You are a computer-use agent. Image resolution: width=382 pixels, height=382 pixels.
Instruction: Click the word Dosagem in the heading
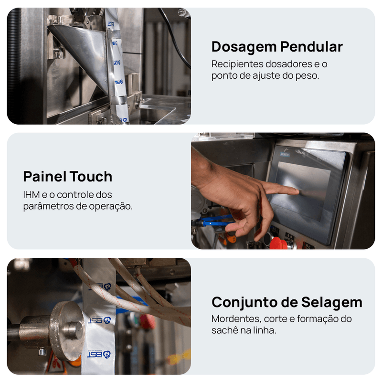tap(244, 47)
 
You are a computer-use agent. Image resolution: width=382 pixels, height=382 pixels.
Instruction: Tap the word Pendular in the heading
tap(311, 46)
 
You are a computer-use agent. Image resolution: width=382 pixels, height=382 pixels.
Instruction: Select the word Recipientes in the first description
tap(237, 64)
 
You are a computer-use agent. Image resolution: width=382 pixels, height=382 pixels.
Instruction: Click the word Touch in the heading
tap(91, 176)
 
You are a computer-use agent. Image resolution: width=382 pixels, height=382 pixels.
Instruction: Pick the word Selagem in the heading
tap(331, 303)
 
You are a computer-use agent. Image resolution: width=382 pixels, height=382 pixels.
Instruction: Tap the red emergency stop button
tap(279, 244)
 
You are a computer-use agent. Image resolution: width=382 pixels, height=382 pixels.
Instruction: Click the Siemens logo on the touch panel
tap(285, 154)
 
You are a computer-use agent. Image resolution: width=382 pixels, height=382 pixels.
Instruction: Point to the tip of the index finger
tap(297, 191)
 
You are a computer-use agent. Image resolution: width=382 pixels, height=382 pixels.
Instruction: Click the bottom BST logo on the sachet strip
tap(99, 354)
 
